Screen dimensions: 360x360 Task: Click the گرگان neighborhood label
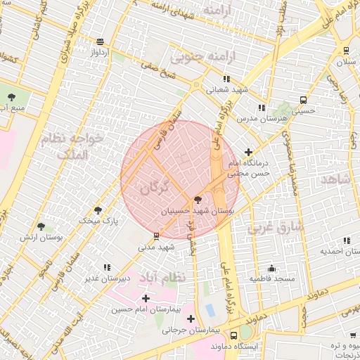(x=155, y=187)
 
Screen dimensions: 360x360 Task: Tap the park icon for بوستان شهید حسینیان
(x=198, y=200)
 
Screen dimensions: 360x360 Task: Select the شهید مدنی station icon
(x=156, y=236)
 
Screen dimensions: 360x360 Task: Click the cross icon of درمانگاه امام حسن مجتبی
(x=248, y=152)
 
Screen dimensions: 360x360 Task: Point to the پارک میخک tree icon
(x=97, y=210)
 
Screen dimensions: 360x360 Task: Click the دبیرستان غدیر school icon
(x=107, y=267)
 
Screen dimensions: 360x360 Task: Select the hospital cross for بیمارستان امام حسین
(x=146, y=299)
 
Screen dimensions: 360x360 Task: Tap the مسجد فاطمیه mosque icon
(x=272, y=268)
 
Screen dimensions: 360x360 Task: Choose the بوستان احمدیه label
(x=340, y=251)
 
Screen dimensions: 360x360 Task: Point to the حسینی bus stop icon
(x=303, y=100)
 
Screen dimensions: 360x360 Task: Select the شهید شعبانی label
(x=226, y=90)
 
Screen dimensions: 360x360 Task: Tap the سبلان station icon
(x=347, y=51)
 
